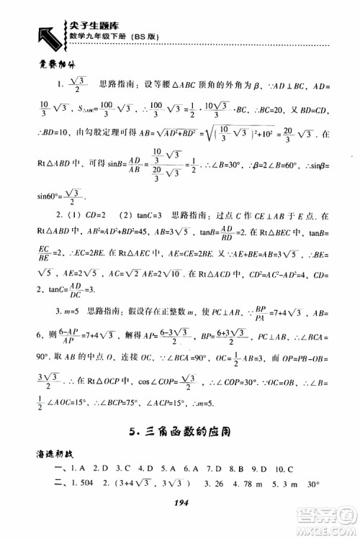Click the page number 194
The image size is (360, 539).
180,507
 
